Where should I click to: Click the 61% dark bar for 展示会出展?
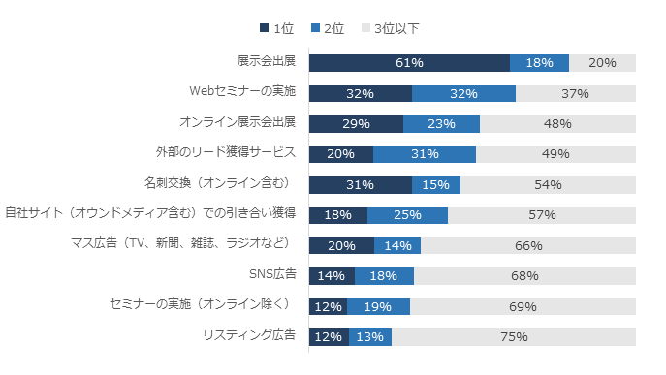tap(409, 63)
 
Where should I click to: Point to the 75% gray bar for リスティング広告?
tap(514, 337)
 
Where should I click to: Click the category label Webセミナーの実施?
tap(241, 92)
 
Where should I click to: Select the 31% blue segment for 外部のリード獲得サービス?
tap(425, 154)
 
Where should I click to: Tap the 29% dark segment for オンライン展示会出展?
tap(356, 124)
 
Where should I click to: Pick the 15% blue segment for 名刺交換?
tap(436, 185)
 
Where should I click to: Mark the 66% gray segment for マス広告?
tap(528, 246)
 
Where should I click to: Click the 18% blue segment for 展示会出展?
tap(539, 63)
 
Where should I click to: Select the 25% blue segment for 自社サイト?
tap(407, 215)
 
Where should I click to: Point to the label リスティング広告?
tap(249, 335)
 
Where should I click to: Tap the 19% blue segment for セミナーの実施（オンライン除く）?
tap(378, 307)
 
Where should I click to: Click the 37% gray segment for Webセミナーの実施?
tap(576, 94)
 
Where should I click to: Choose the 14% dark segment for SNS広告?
tap(332, 276)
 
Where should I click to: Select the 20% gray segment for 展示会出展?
tap(602, 63)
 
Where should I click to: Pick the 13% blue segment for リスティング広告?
tap(369, 337)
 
